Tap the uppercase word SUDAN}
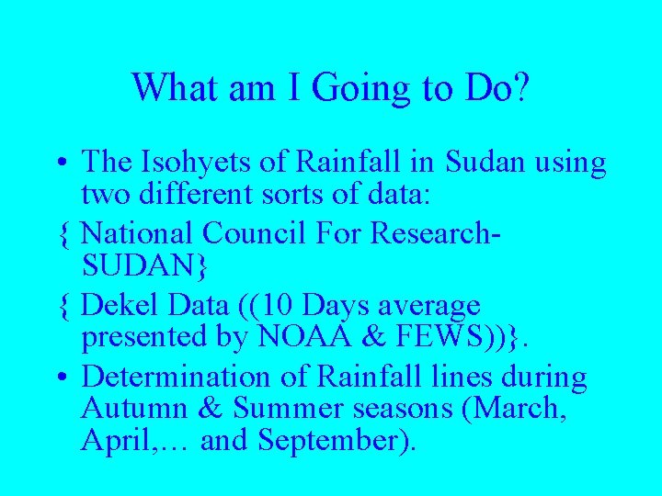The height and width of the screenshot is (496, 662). pos(145,266)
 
